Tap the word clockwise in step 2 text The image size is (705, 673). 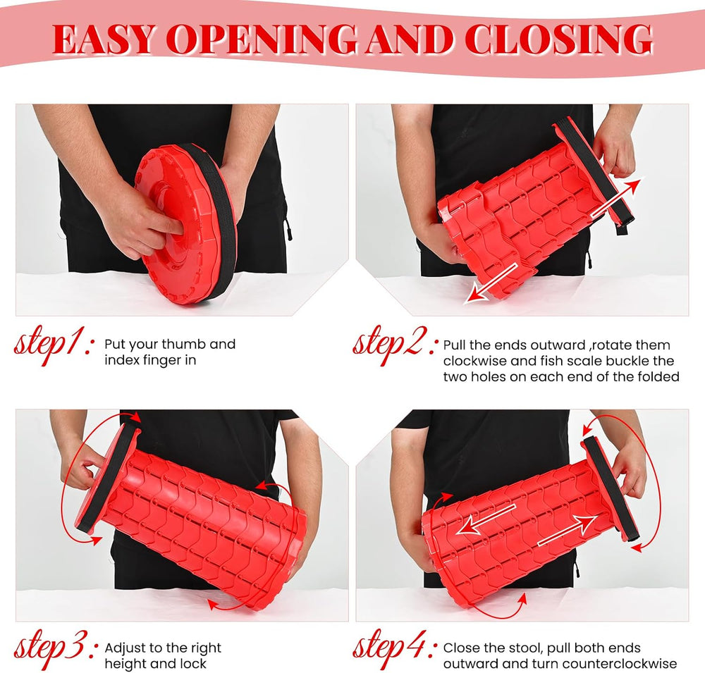tap(476, 361)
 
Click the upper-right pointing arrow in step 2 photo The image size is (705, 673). tap(616, 197)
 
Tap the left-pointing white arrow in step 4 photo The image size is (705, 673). tap(486, 519)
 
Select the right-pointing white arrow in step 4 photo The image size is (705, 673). tap(568, 531)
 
